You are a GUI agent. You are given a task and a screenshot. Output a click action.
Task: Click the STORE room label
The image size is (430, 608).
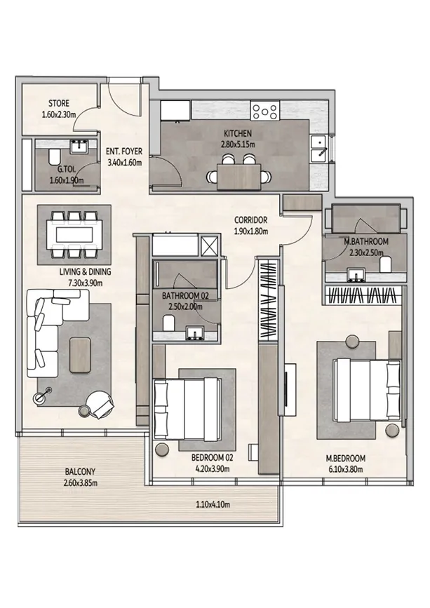pyautogui.click(x=59, y=103)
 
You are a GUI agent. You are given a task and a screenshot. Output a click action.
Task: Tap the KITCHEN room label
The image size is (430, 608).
pyautogui.click(x=238, y=133)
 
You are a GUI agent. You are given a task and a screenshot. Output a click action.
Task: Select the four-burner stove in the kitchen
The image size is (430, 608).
pyautogui.click(x=265, y=111)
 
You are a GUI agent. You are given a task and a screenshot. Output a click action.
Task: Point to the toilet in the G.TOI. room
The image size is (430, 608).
pyautogui.click(x=54, y=157)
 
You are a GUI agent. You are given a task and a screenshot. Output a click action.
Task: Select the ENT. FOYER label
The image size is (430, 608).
pyautogui.click(x=124, y=151)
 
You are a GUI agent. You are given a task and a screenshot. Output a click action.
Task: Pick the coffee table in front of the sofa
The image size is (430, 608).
pyautogui.click(x=80, y=355)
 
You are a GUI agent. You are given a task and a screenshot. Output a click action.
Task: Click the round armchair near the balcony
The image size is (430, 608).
pyautogui.click(x=100, y=404)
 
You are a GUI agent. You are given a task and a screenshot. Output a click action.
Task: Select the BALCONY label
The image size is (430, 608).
pyautogui.click(x=80, y=471)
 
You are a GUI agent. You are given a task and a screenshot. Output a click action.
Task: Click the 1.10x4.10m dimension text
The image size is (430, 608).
pyautogui.click(x=212, y=504)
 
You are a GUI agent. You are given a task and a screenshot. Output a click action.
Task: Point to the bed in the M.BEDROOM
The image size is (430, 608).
pyautogui.click(x=366, y=389)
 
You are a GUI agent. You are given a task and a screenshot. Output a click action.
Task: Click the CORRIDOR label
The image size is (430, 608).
pyautogui.click(x=250, y=220)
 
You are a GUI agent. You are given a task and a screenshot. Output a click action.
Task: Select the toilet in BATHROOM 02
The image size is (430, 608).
pyautogui.click(x=168, y=323)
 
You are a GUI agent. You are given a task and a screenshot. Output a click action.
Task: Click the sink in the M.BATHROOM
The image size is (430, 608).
pyautogui.click(x=356, y=274)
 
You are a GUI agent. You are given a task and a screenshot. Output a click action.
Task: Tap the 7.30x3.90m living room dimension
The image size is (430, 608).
pyautogui.click(x=86, y=283)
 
